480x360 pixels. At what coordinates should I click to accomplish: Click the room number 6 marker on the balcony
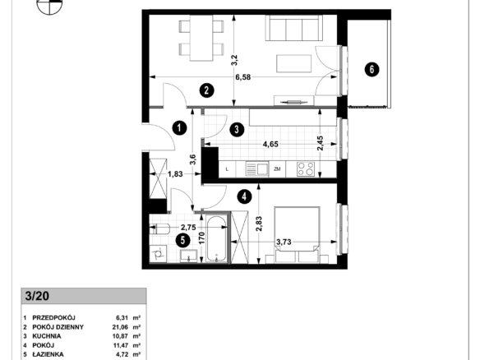click(372, 70)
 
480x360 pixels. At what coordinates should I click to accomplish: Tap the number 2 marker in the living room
click(206, 90)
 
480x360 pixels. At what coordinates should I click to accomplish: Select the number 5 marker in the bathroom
click(182, 240)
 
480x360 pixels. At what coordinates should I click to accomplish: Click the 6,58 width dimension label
click(242, 77)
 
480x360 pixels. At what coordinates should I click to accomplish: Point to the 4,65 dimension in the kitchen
click(270, 144)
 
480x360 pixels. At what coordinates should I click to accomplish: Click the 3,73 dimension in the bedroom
click(284, 242)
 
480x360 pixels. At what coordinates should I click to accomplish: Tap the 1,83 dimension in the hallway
click(175, 174)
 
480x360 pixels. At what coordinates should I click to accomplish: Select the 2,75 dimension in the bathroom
click(188, 228)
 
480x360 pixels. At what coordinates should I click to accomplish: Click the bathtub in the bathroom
click(216, 239)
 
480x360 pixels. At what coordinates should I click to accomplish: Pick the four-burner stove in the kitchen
click(306, 169)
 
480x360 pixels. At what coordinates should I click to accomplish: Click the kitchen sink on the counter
click(256, 169)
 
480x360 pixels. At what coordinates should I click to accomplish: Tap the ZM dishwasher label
click(277, 169)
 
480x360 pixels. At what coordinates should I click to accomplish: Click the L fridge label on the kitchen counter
click(227, 169)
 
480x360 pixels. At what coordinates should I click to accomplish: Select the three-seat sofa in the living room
click(294, 28)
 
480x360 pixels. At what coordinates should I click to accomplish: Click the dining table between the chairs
click(201, 38)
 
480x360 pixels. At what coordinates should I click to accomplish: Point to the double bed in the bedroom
click(297, 235)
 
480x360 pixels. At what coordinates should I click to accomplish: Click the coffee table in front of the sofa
click(294, 64)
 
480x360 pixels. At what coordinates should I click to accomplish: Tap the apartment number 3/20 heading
click(37, 297)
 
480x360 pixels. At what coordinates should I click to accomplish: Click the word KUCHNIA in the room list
click(47, 336)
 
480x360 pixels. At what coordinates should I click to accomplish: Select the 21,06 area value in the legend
click(120, 327)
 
